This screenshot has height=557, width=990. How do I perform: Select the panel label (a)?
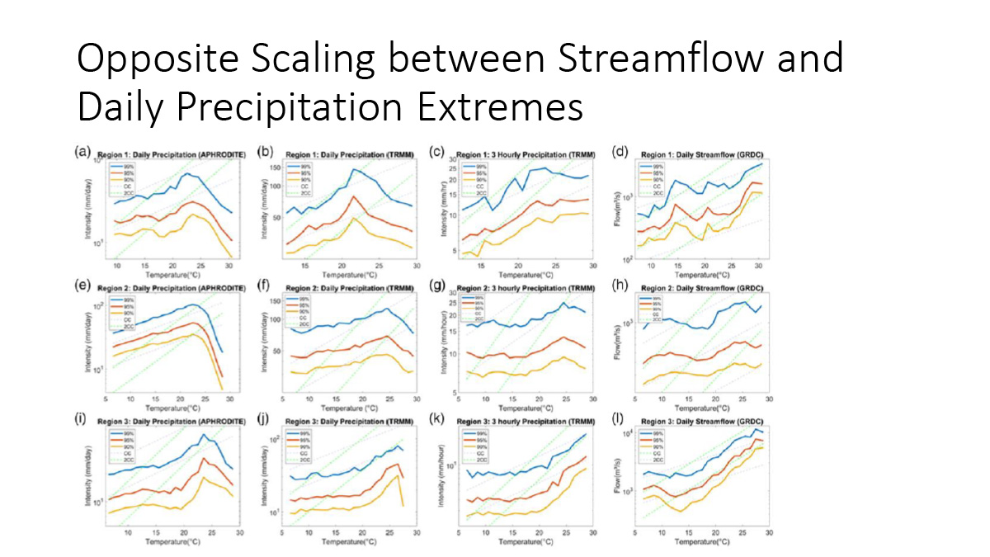coord(81,151)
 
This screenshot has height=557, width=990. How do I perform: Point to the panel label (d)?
coord(616,151)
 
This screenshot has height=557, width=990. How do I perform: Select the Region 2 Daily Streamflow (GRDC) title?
coord(700,289)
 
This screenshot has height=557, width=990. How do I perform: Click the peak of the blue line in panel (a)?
coord(186,173)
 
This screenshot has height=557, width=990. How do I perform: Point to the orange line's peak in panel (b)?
coord(353,196)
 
